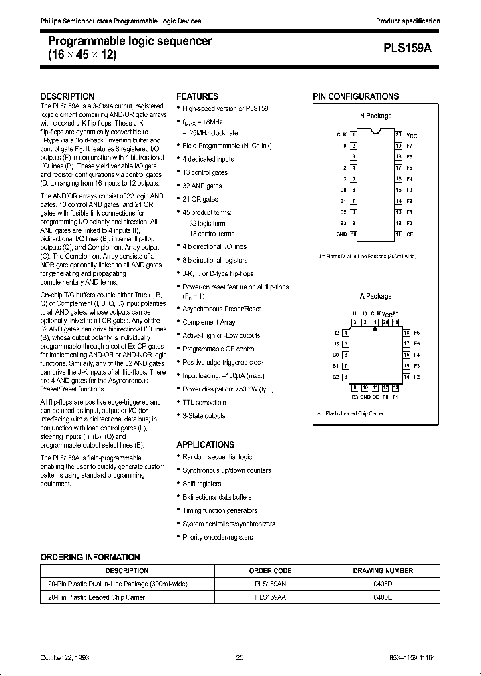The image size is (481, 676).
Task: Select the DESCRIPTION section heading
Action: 67,96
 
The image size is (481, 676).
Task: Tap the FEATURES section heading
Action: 197,96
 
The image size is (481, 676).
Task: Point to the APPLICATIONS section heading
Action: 205,444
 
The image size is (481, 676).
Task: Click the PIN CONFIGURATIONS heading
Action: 356,96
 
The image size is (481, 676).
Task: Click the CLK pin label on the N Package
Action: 341,134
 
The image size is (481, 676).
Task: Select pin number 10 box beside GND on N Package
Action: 354,234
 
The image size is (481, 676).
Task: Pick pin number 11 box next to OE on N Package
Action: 398,234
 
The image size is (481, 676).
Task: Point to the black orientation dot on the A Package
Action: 375,329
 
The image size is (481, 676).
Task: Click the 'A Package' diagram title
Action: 376,296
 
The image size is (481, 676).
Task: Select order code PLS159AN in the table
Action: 270,584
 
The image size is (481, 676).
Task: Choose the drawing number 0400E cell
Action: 383,597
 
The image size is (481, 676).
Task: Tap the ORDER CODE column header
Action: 270,571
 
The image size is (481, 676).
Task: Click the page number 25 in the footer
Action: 240,658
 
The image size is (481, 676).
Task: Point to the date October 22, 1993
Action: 65,658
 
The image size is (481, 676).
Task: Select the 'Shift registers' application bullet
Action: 202,484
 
